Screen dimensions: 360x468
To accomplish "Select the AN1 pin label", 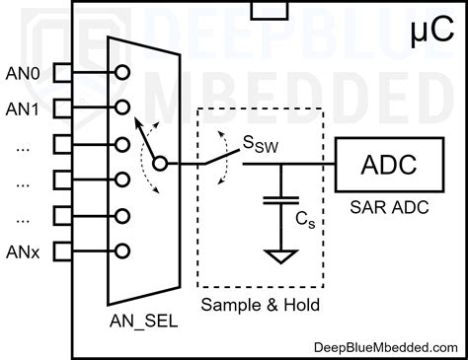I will pyautogui.click(x=24, y=108).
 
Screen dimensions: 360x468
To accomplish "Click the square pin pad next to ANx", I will pyautogui.click(x=60, y=251).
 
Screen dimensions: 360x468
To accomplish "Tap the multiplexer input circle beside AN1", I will pyautogui.click(x=122, y=107).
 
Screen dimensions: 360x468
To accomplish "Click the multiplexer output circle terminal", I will pyautogui.click(x=161, y=165).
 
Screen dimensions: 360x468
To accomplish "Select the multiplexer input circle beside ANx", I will pyautogui.click(x=122, y=251).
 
